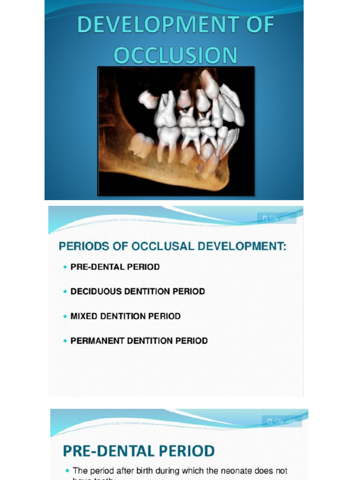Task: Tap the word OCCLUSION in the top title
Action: [x=176, y=55]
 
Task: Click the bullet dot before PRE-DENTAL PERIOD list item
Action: [x=65, y=267]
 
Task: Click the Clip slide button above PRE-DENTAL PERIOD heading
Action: [x=282, y=421]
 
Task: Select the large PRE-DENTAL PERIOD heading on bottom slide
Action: [x=139, y=451]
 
